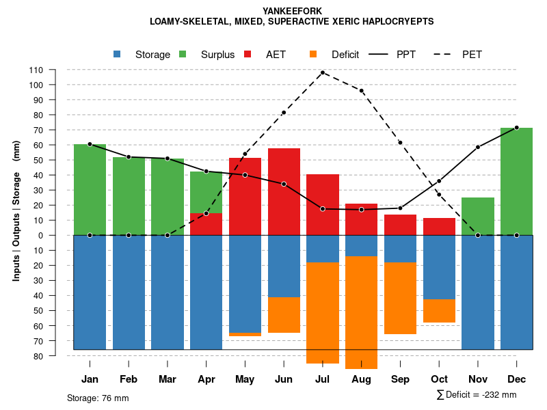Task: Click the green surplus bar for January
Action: pyautogui.click(x=90, y=190)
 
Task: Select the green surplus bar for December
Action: pyautogui.click(x=516, y=182)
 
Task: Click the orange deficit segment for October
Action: pyautogui.click(x=439, y=311)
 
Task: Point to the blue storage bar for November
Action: pyautogui.click(x=478, y=292)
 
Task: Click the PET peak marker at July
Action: pyautogui.click(x=322, y=72)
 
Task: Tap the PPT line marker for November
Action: pyautogui.click(x=478, y=147)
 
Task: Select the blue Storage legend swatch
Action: pyautogui.click(x=117, y=55)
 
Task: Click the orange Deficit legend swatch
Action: pyautogui.click(x=313, y=55)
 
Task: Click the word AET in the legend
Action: pyautogui.click(x=276, y=55)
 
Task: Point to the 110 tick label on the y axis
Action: pyautogui.click(x=36, y=70)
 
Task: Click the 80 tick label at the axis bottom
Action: pyautogui.click(x=39, y=356)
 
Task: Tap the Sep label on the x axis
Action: pyautogui.click(x=400, y=379)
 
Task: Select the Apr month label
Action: pyautogui.click(x=206, y=379)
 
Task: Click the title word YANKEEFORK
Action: pyautogui.click(x=292, y=11)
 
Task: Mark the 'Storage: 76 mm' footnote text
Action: pyautogui.click(x=98, y=398)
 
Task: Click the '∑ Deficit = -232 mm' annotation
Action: pyautogui.click(x=477, y=395)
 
